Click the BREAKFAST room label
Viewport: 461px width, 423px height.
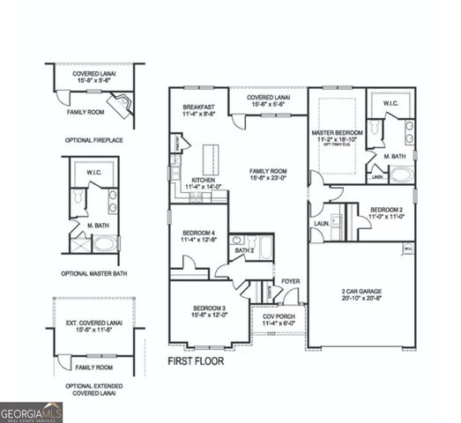[199, 106]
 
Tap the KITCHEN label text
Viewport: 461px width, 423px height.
[203, 180]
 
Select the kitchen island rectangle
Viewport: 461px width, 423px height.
[211, 160]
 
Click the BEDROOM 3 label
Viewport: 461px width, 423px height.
[209, 308]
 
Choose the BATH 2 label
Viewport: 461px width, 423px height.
[245, 251]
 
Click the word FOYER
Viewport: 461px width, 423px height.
[290, 281]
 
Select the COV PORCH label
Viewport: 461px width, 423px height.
[279, 315]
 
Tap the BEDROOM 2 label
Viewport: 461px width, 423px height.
[385, 210]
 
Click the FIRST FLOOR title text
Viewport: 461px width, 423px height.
[196, 360]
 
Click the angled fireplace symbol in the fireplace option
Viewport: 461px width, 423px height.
[125, 106]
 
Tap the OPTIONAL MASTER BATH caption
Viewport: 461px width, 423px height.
[94, 273]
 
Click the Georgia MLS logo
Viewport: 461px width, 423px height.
[32, 411]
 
